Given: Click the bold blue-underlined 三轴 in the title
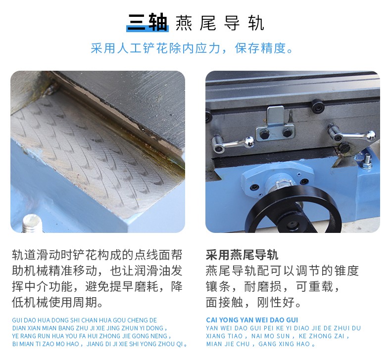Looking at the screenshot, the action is [147, 22].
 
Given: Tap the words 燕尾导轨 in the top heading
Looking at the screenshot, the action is [220, 23].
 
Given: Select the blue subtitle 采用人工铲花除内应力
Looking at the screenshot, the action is [155, 48].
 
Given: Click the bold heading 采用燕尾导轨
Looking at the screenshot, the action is [242, 255].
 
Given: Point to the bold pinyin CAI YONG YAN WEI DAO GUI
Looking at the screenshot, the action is [252, 320].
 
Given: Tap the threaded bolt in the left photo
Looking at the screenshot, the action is [32, 224].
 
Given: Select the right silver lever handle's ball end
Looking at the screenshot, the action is [371, 136].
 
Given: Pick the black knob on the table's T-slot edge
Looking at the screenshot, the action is [318, 106].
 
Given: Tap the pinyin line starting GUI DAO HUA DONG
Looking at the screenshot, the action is [84, 320].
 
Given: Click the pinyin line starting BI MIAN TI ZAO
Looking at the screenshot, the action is [99, 344].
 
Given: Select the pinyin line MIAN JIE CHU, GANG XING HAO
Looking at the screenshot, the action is [260, 344].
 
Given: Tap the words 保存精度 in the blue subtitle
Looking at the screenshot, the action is [260, 48].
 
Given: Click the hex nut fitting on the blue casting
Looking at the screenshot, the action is [367, 162].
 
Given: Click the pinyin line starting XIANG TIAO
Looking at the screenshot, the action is [278, 336].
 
